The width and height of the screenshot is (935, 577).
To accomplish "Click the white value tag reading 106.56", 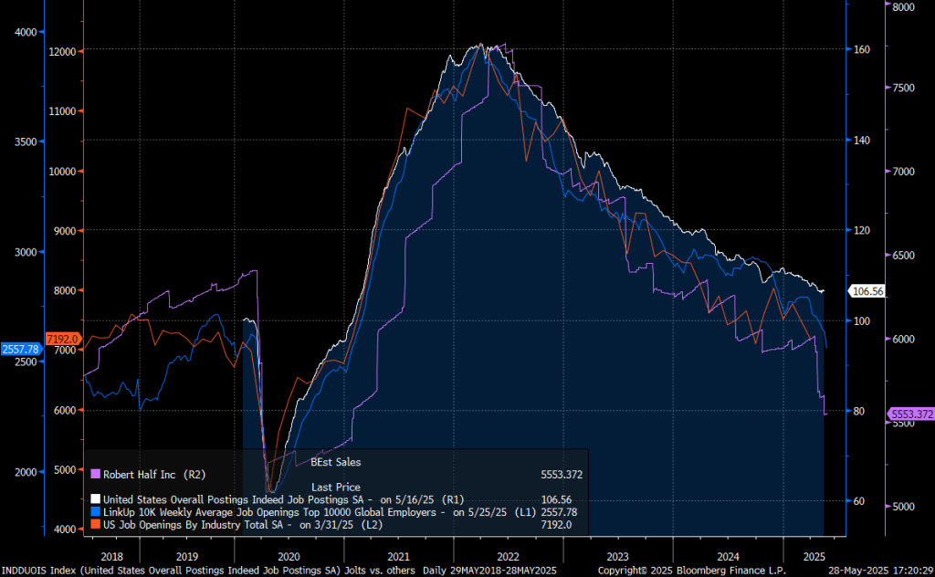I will tap(867, 291).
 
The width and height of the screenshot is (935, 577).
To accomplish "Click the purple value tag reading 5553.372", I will tap(910, 414).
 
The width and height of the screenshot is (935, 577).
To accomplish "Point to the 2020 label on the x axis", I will tap(288, 555).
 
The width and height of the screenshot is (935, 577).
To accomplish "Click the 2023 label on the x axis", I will tap(618, 555).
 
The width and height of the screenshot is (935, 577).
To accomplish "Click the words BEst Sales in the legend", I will tap(336, 462).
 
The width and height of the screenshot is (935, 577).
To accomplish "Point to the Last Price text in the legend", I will tap(336, 487).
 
